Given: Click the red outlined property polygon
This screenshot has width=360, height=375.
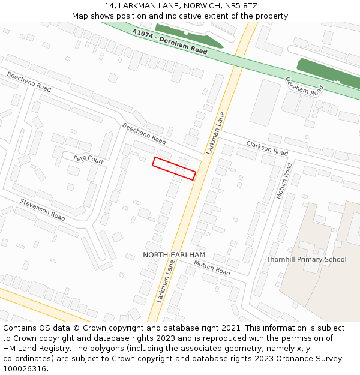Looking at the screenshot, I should tap(174, 168).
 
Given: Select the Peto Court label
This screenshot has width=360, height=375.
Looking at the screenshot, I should tap(88, 160).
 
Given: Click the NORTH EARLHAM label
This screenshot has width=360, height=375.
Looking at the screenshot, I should tap(174, 255).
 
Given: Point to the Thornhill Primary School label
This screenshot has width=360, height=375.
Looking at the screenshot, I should tap(306, 259).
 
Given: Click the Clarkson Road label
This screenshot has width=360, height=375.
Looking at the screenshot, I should tap(267, 148).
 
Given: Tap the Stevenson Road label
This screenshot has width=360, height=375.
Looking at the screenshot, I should tap(43, 209).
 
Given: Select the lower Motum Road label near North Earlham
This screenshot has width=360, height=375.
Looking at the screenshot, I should tap(212, 268).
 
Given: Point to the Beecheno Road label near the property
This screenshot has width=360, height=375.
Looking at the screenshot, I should tap(144, 133).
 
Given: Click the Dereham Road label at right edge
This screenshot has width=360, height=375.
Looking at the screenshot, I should tap(304, 86).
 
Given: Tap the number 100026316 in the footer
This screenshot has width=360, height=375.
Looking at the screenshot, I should tap(25, 368).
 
